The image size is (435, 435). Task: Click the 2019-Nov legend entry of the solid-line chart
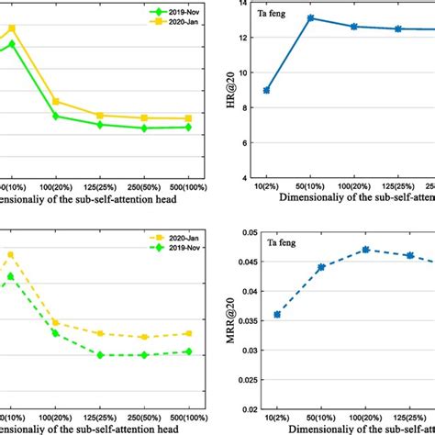(175, 13)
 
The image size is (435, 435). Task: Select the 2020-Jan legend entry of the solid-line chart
(175, 23)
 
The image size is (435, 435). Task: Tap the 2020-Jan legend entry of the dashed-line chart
(174, 240)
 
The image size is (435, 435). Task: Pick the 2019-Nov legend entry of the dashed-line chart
(174, 250)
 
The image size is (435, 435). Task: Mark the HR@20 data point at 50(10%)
(311, 17)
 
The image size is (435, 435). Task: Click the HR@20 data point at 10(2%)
(266, 90)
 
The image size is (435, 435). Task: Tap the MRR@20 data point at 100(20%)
(365, 250)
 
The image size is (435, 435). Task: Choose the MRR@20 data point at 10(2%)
(276, 314)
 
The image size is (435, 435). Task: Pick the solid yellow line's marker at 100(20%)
(56, 101)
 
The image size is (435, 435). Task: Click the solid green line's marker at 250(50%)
(144, 128)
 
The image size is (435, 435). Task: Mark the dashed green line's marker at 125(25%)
(100, 354)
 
